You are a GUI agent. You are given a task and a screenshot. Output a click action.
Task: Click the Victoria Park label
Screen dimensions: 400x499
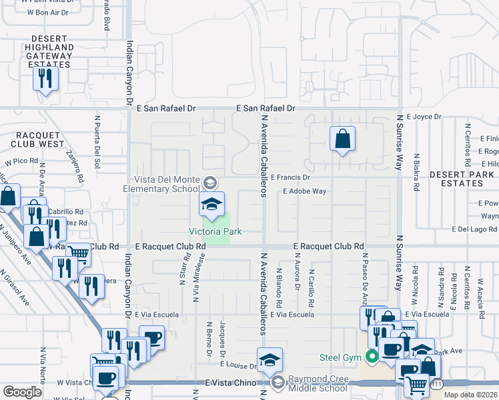pos(214,231)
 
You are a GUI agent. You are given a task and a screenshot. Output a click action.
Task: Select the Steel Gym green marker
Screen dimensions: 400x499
pos(371,357)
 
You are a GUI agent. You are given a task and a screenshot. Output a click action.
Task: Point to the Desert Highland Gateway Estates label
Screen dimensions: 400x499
pos(49,51)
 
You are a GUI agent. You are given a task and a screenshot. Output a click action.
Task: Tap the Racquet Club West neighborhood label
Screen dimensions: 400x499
pos(37,138)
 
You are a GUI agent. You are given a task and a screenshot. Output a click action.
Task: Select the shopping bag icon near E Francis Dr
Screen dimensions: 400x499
pos(342,139)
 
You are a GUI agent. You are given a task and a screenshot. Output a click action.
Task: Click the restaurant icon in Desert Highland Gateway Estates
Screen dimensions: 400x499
pos(45,79)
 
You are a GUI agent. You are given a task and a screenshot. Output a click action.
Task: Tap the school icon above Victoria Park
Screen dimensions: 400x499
pos(211,204)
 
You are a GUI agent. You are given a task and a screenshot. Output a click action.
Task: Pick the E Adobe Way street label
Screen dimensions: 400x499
pos(304,191)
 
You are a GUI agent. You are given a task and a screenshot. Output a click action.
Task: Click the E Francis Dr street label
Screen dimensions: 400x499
pos(291,177)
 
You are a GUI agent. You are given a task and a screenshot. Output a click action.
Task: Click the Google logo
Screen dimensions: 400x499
pos(23,391)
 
